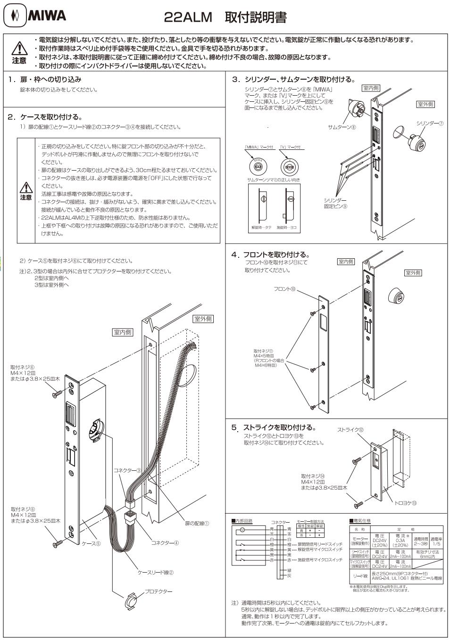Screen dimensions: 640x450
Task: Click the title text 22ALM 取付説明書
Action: point(225,17)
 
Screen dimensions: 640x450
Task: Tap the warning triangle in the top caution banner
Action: point(20,48)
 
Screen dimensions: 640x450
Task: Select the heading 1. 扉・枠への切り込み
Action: point(45,79)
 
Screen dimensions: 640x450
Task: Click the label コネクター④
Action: point(165,542)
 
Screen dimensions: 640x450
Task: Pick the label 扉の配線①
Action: point(194,523)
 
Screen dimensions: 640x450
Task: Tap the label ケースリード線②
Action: point(155,572)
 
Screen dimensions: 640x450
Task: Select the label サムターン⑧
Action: point(342,127)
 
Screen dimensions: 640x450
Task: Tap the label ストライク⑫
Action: point(350,430)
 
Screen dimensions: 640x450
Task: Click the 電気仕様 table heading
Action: point(360,520)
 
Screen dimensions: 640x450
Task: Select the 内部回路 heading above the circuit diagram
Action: point(242,521)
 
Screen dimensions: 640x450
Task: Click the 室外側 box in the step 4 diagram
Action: point(413,273)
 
